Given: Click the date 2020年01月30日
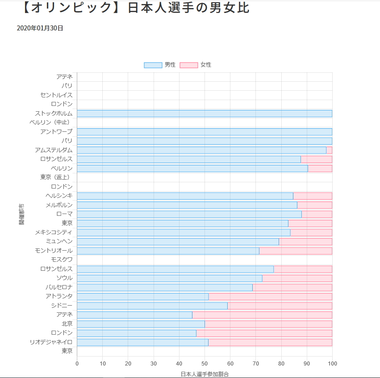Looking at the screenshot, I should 40,28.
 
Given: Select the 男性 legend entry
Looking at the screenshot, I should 160,65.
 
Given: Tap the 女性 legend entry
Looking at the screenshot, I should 196,65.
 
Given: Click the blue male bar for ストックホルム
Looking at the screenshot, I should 204,113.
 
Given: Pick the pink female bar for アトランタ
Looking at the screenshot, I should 270,297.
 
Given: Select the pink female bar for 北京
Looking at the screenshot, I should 268,324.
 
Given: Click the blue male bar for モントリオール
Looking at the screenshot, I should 168,251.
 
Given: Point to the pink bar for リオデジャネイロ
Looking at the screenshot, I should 270,342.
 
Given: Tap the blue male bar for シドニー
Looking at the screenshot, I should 152,306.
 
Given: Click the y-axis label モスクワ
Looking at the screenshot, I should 62,260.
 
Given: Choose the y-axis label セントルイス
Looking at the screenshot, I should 56,95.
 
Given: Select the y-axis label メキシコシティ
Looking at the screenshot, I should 54,232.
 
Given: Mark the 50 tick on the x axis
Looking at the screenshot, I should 205,363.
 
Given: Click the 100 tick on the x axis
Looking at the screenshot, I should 332,363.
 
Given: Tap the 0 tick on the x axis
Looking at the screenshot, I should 77,363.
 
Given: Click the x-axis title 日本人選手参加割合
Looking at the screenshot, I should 204,374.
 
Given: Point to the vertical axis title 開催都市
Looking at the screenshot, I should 21,214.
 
